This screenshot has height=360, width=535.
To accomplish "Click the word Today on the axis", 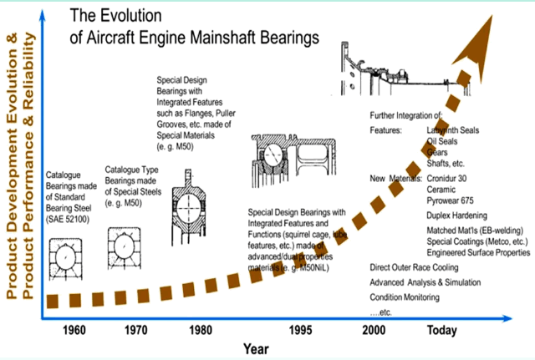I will pos(442,330).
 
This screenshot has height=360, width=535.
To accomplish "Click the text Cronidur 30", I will pos(452,179).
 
